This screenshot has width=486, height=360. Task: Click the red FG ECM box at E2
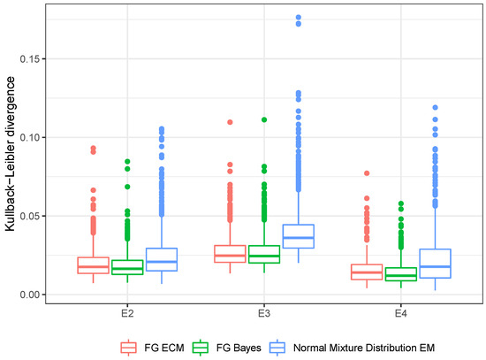point(93,265)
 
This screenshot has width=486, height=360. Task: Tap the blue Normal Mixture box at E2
point(162,259)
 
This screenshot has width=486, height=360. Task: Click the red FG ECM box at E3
point(230,254)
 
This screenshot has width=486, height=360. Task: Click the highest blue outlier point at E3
point(299,18)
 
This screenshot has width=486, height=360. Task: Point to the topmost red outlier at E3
point(230,122)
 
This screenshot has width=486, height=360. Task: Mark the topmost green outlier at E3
point(264,119)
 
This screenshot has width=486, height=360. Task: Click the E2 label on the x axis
point(127,311)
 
